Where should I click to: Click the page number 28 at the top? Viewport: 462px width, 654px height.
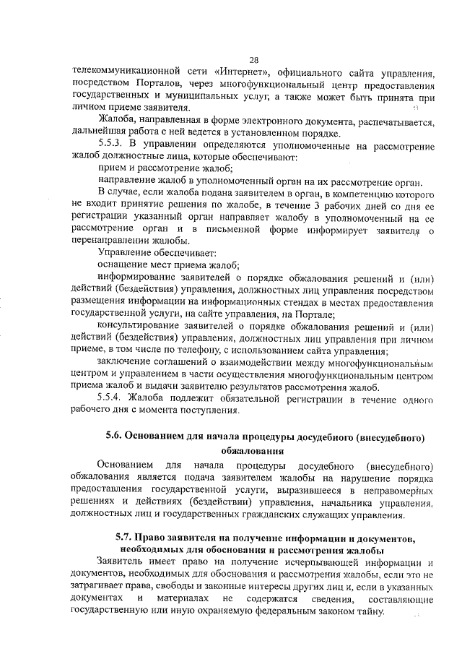point(253,61)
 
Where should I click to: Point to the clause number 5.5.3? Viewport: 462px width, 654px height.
point(113,145)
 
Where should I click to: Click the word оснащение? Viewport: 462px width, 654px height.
point(123,265)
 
